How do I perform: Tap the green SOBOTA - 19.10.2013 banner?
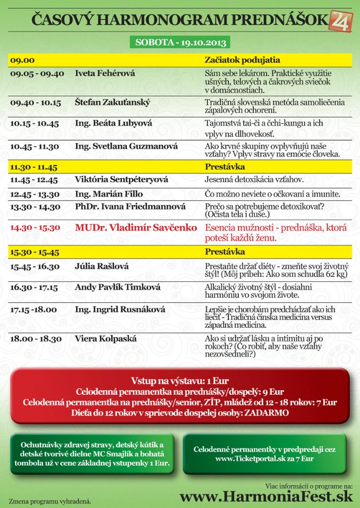point(180,42)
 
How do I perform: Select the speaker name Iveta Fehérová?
point(105,73)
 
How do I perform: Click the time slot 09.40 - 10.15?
point(36,103)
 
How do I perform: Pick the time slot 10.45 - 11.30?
point(35,146)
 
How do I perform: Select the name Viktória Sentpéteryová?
point(121,180)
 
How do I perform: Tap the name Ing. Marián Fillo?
point(109,194)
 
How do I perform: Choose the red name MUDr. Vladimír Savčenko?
point(136,228)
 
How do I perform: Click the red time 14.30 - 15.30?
point(35,228)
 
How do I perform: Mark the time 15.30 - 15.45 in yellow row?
point(34,252)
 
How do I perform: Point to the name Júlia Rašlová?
point(102,266)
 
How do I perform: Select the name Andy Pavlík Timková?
point(117,288)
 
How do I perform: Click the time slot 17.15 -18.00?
point(34,309)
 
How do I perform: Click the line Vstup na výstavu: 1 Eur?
point(180,382)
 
